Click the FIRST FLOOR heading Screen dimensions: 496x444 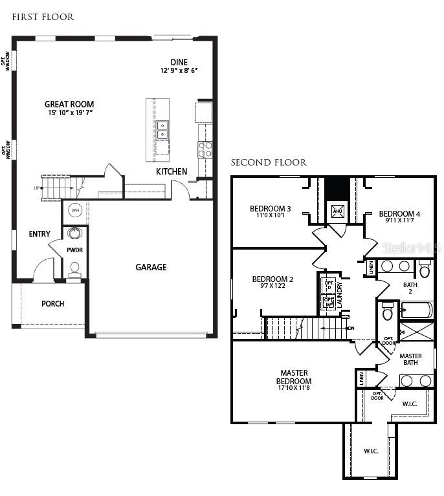coord(43,17)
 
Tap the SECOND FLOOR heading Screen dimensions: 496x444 coord(269,162)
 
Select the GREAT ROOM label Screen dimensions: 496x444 coord(69,104)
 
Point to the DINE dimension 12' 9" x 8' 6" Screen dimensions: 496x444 coord(179,70)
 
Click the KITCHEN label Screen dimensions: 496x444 coord(172,171)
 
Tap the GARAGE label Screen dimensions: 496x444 coord(151,267)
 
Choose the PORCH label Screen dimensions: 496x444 coord(52,304)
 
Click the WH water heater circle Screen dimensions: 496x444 coord(75,211)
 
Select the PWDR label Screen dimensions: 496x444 coord(75,250)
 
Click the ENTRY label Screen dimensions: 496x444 coord(39,233)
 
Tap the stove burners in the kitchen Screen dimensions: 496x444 coord(205,149)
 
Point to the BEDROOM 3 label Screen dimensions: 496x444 coord(271,209)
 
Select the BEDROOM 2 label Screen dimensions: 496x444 coord(272,279)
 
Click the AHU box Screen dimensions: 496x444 coord(337,211)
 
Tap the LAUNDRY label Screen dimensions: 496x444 coord(340,293)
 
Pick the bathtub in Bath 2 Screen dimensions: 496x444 coord(416,310)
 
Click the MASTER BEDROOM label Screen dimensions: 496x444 coord(294,377)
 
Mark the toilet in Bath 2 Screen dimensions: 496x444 coord(425,269)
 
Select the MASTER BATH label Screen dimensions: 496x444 coord(410,360)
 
